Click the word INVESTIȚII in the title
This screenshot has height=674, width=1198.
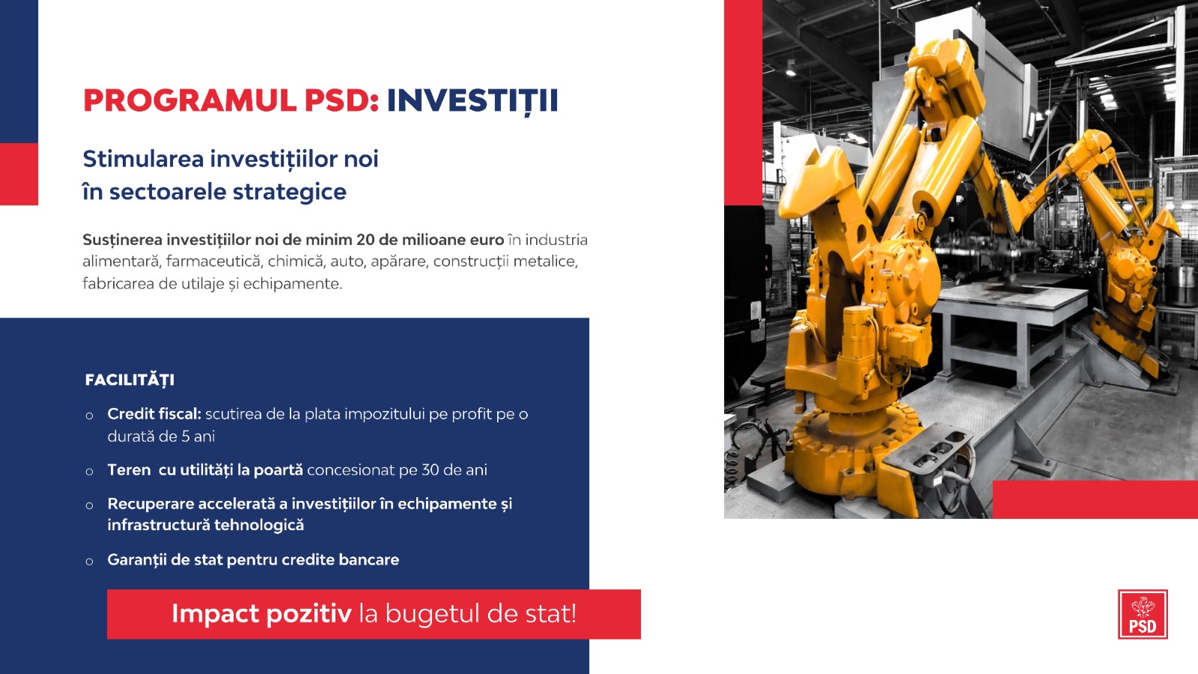(x=472, y=101)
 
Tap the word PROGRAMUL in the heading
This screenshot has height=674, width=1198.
(x=190, y=100)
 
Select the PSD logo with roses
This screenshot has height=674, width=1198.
(x=1143, y=614)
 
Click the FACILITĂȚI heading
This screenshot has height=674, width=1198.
(x=130, y=380)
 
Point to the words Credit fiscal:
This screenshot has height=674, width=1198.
(x=154, y=414)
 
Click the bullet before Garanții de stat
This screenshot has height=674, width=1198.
(x=89, y=562)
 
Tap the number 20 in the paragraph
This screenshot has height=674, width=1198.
(x=365, y=240)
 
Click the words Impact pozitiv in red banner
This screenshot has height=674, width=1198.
(x=261, y=613)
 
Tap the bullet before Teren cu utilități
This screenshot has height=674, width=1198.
(x=89, y=472)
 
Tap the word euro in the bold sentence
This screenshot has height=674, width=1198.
(x=487, y=240)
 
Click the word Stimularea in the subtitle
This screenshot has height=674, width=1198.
(x=143, y=159)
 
